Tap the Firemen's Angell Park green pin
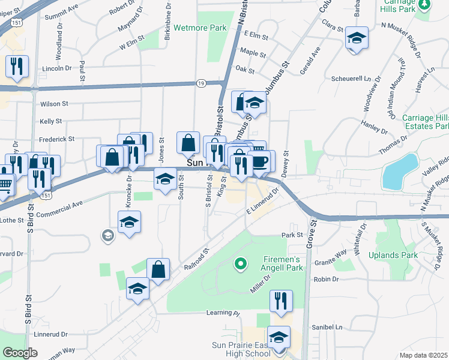point(240,263)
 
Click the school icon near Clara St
point(357,38)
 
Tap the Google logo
point(20,353)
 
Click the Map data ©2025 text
point(423,355)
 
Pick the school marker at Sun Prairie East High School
point(279,337)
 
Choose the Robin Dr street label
point(327,280)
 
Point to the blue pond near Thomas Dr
point(400,170)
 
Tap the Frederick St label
point(57,139)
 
